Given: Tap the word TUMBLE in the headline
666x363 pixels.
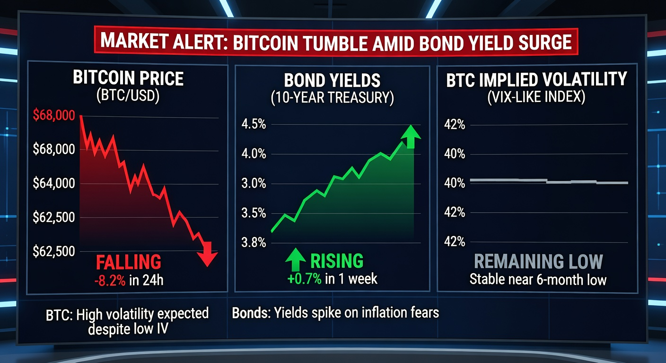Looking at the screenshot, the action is [x=335, y=43].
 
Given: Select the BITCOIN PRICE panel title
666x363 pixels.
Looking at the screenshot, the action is [x=128, y=78].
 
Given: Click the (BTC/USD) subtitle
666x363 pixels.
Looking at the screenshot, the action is [x=128, y=95].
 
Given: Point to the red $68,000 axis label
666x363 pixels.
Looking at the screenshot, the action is [x=54, y=115].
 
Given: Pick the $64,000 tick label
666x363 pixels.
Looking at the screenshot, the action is [x=54, y=183].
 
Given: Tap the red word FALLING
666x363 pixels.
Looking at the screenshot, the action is [x=129, y=262].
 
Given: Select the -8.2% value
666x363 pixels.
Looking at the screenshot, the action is [x=110, y=280].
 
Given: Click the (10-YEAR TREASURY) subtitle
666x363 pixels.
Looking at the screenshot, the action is [x=332, y=98].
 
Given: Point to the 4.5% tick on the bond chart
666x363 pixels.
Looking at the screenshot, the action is [x=254, y=124].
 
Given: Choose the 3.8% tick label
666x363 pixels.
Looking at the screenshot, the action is [x=254, y=242].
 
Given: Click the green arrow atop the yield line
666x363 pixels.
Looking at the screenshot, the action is [x=411, y=136].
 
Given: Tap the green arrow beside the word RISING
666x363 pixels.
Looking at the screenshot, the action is [x=295, y=259].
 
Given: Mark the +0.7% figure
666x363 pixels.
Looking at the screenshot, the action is [x=304, y=279].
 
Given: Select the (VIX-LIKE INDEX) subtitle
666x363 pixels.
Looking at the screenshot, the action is [x=536, y=96].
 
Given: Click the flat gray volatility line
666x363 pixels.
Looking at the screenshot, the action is [x=549, y=181].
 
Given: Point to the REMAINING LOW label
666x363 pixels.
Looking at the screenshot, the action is [x=538, y=262].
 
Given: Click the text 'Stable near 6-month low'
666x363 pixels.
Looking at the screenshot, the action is [x=538, y=279].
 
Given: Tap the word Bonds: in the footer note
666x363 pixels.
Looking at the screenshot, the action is [x=251, y=313].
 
